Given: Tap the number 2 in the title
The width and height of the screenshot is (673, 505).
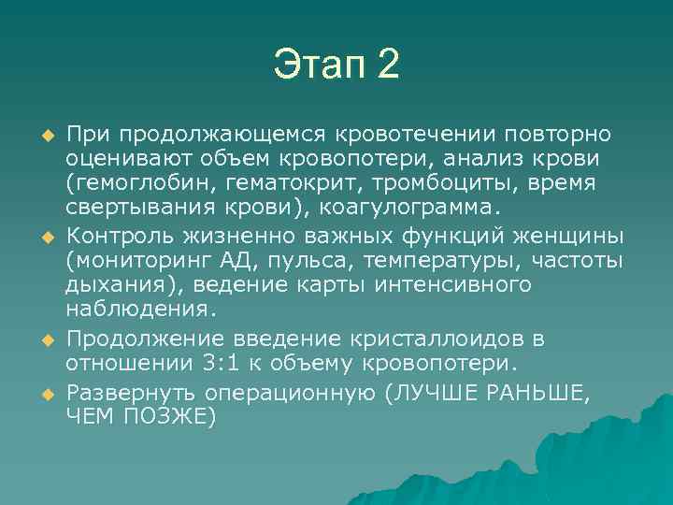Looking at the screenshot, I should (x=387, y=65).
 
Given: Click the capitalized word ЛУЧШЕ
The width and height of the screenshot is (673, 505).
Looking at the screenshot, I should (x=435, y=392).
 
